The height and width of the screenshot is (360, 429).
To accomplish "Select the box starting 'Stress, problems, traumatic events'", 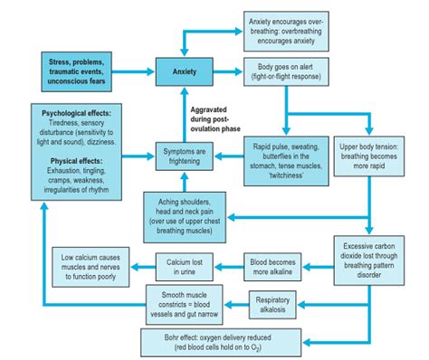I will pos(77,70).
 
